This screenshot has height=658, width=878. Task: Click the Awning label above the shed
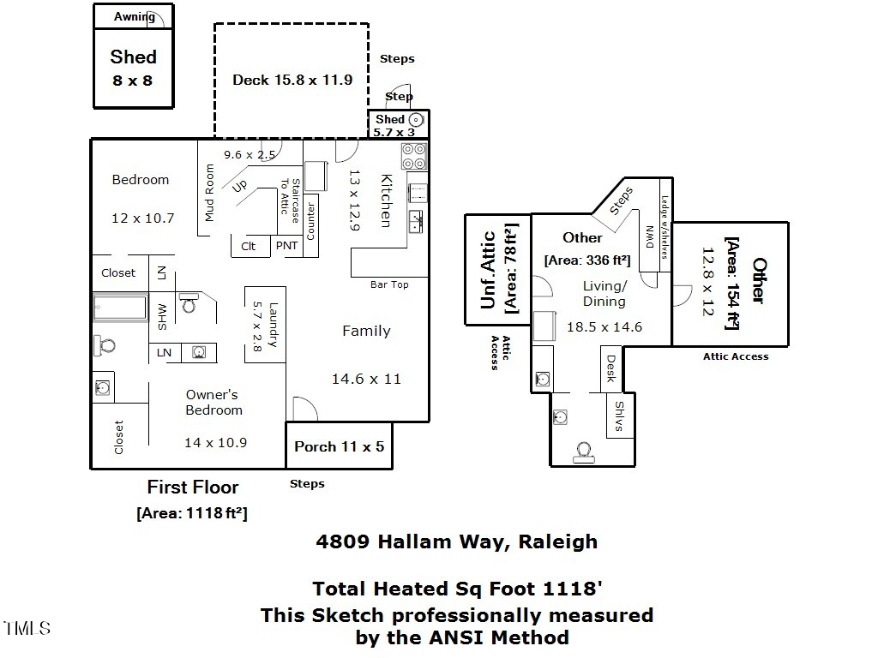pyautogui.click(x=135, y=16)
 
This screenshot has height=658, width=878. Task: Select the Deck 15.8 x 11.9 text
pyautogui.click(x=292, y=80)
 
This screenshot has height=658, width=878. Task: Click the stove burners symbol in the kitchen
pyautogui.click(x=413, y=157)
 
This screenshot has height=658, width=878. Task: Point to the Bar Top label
pyautogui.click(x=389, y=284)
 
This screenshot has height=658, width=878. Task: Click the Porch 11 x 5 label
pyautogui.click(x=339, y=446)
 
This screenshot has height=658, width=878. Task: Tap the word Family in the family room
pyautogui.click(x=366, y=331)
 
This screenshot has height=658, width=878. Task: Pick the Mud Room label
pyautogui.click(x=209, y=193)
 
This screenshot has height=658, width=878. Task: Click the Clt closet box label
pyautogui.click(x=249, y=246)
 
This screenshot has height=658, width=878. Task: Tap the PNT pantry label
pyautogui.click(x=286, y=246)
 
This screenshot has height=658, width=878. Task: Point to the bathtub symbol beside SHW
pyautogui.click(x=121, y=308)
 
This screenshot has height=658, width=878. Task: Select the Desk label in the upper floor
pyautogui.click(x=610, y=368)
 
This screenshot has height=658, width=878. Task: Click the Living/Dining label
pyautogui.click(x=604, y=293)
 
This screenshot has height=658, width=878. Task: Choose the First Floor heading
pyautogui.click(x=193, y=487)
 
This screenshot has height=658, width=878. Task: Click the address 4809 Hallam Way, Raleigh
pyautogui.click(x=456, y=541)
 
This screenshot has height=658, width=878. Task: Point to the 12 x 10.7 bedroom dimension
pyautogui.click(x=142, y=218)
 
